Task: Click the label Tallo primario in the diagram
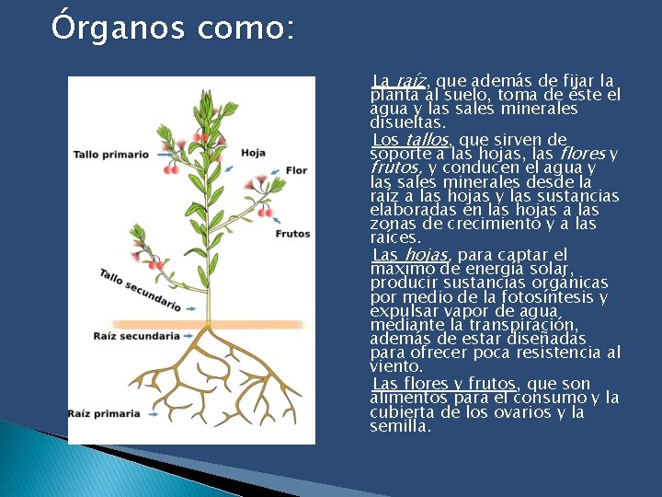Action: click(x=110, y=154)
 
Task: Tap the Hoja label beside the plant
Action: click(x=255, y=153)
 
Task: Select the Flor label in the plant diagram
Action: click(x=296, y=170)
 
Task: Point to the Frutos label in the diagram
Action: click(x=293, y=234)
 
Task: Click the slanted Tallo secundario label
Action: click(x=139, y=288)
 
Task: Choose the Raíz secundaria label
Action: click(x=136, y=336)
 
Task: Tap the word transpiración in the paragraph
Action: click(x=526, y=325)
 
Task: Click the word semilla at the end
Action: click(x=399, y=427)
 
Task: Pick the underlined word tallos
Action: click(x=427, y=140)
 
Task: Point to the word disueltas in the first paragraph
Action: click(x=407, y=122)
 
